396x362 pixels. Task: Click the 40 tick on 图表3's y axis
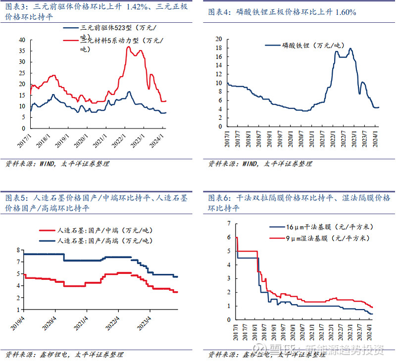pos(22,39)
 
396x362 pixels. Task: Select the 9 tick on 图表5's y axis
pos(19,250)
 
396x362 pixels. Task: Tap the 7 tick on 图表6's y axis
pos(229,223)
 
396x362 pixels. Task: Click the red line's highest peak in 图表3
pos(128,47)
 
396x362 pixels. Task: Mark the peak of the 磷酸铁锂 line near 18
pos(350,48)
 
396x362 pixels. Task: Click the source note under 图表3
pos(57,163)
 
